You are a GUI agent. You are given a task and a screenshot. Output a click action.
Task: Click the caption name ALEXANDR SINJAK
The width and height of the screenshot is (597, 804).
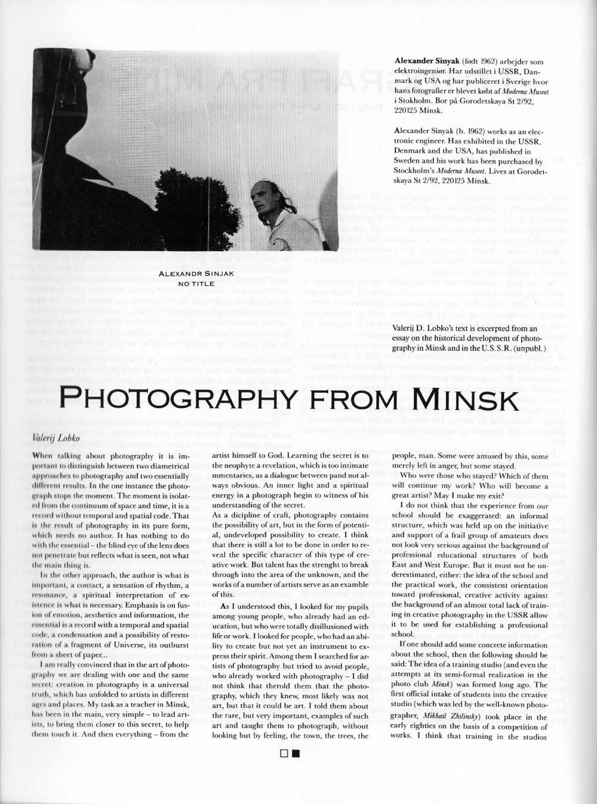pyautogui.click(x=196, y=274)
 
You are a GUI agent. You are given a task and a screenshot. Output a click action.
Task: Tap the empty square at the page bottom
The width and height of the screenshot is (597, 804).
pyautogui.click(x=284, y=753)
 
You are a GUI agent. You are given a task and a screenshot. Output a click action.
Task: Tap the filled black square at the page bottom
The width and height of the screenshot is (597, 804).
pyautogui.click(x=296, y=753)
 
